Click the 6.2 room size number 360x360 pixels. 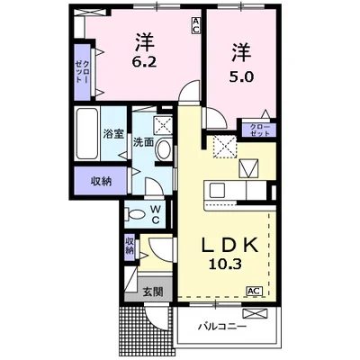[x=144, y=61]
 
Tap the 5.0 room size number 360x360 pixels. [x=241, y=77]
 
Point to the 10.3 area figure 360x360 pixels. [x=225, y=264]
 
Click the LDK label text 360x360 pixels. [x=229, y=245]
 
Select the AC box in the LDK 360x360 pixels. [x=255, y=291]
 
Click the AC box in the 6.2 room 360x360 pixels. [x=195, y=25]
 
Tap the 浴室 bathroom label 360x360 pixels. [x=113, y=134]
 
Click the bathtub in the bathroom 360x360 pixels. [x=87, y=134]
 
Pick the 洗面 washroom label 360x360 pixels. [x=143, y=142]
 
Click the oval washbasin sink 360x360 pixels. [x=164, y=149]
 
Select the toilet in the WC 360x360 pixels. [x=135, y=215]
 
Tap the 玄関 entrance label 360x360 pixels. [x=153, y=292]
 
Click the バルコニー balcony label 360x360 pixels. [x=222, y=326]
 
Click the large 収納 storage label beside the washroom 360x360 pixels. [x=102, y=182]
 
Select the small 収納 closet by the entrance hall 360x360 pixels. [x=130, y=246]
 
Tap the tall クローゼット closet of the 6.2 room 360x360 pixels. [x=83, y=72]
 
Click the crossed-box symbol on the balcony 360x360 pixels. [x=254, y=314]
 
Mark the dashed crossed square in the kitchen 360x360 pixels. [x=225, y=146]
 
